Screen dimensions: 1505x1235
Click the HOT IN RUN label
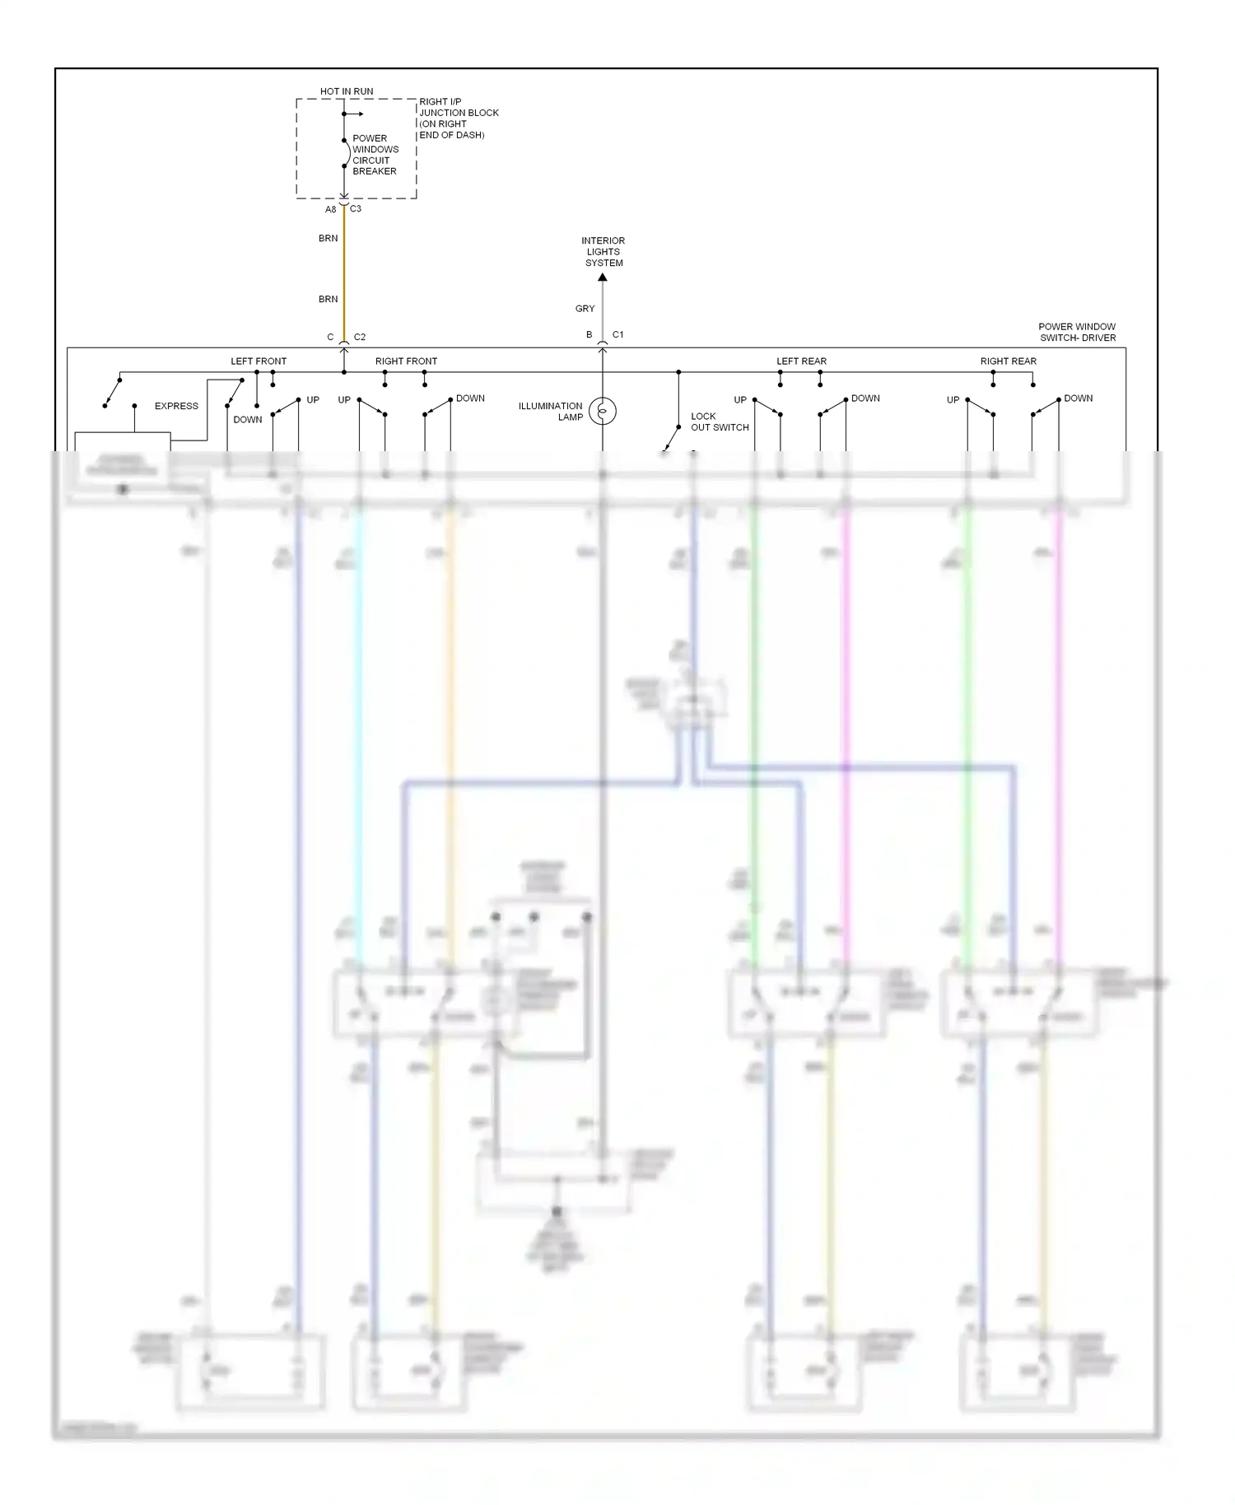pos(347,91)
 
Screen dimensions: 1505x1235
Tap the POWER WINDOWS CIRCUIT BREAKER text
pos(375,155)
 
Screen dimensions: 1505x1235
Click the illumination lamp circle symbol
pos(603,410)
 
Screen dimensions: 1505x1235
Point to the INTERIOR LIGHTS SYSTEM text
pos(604,252)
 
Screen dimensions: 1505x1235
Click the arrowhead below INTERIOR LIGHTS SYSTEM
pos(603,277)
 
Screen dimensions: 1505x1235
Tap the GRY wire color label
pos(585,309)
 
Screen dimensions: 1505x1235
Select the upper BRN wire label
pos(328,239)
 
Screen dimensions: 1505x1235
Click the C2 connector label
pos(360,338)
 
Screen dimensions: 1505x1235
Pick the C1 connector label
pos(617,335)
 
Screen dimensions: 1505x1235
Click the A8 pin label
pos(330,210)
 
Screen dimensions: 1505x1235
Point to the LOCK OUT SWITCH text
pos(719,422)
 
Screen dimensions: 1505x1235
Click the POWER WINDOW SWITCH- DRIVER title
pos(1077,332)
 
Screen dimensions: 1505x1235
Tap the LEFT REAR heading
pos(801,361)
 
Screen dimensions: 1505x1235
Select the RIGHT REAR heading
pos(1008,361)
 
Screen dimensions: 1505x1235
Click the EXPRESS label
pos(176,406)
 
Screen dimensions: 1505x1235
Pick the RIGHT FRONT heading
pos(406,361)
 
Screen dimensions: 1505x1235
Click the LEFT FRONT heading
pos(259,361)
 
